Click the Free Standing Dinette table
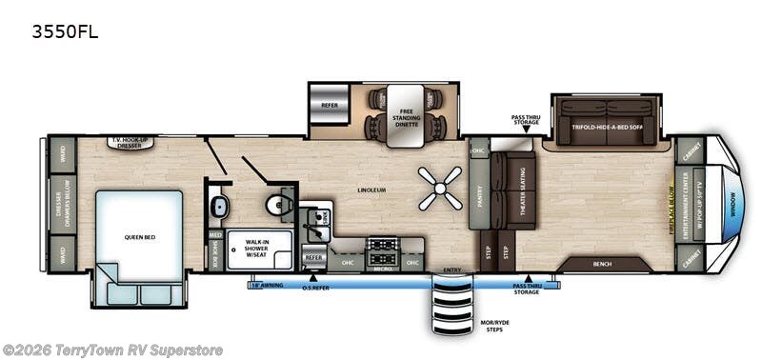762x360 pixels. coord(404,113)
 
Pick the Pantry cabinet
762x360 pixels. coord(479,195)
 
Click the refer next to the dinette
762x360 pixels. coord(329,107)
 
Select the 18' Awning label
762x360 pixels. coord(268,285)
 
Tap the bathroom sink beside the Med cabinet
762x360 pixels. coord(217,206)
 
